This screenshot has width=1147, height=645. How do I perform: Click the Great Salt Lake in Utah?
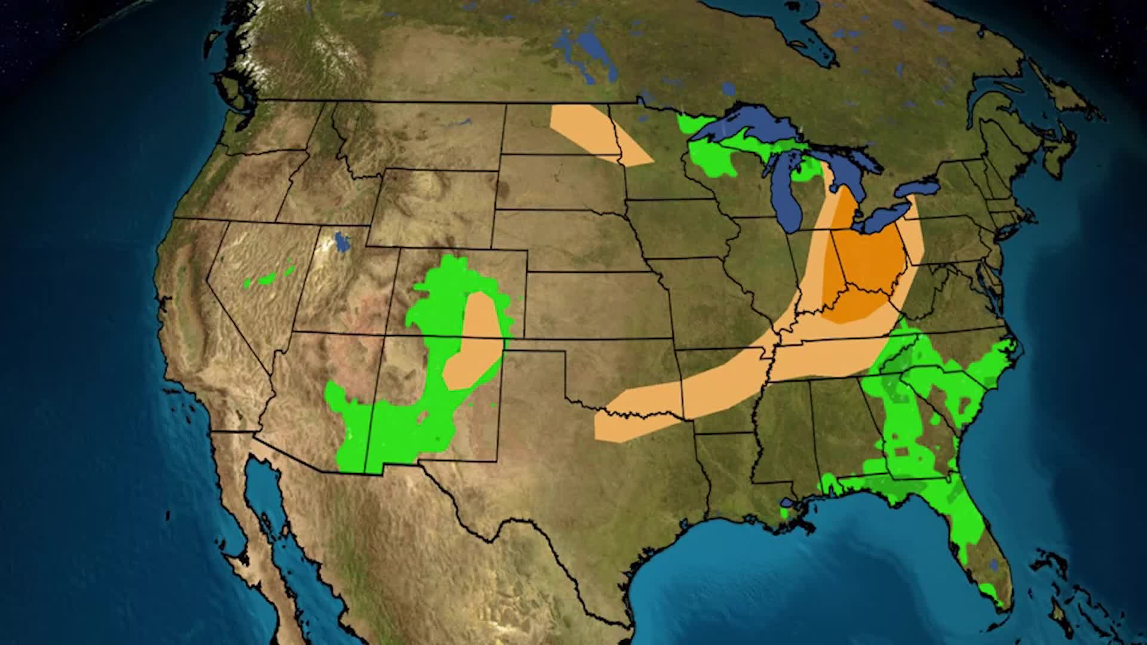342,242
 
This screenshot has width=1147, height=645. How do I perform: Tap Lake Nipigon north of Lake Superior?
728,90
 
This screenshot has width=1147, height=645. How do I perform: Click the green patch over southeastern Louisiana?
787,512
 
